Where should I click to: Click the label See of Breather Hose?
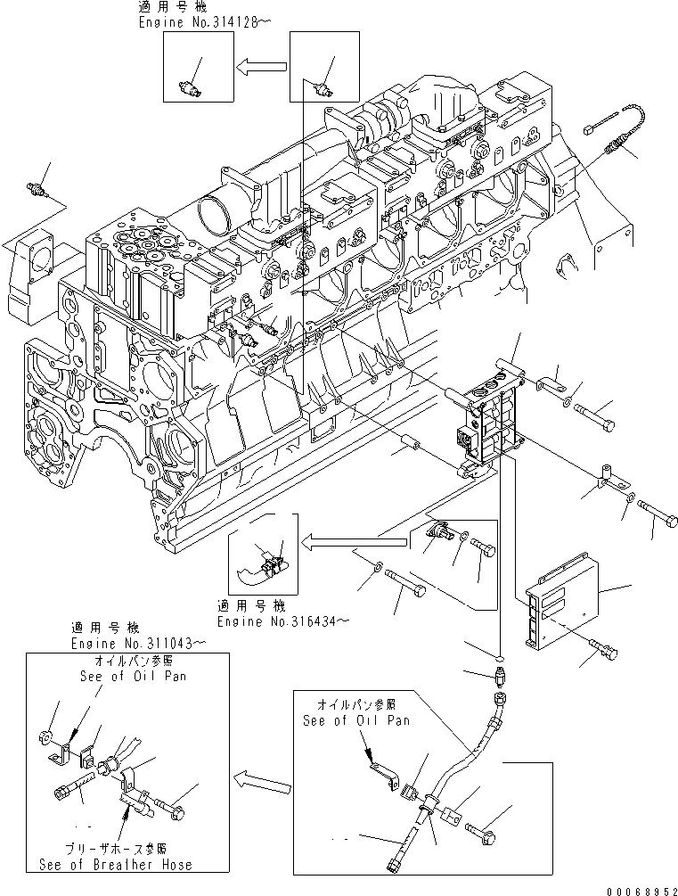(115, 864)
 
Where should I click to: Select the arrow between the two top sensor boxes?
(261, 64)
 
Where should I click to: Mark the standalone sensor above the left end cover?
(38, 188)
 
